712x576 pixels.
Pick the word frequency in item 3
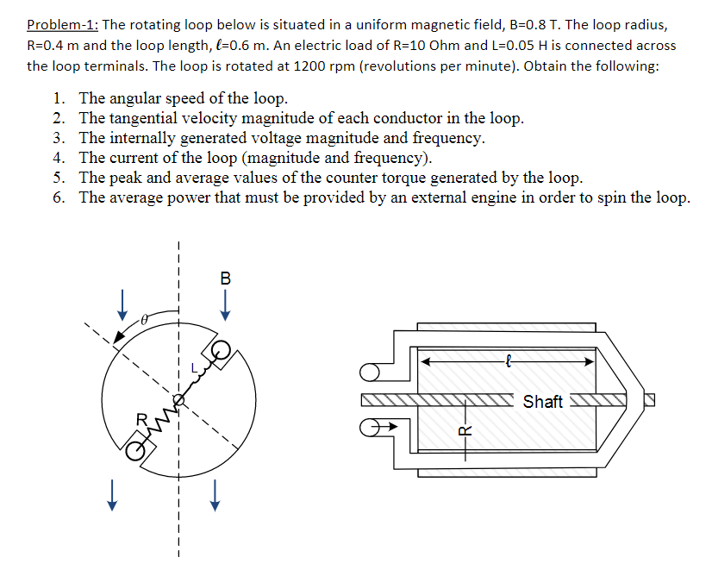pyautogui.click(x=442, y=138)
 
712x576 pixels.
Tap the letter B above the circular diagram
pyautogui.click(x=225, y=279)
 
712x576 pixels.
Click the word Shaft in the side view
pyautogui.click(x=542, y=402)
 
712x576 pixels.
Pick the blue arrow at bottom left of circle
pyautogui.click(x=110, y=496)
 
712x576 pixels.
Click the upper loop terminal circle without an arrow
pyautogui.click(x=371, y=373)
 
